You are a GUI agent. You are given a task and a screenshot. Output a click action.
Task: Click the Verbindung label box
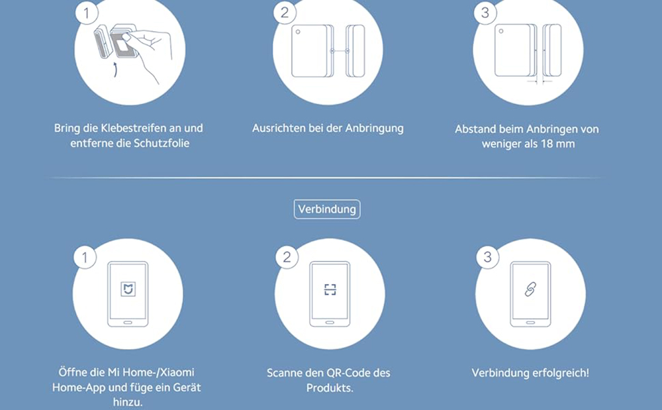point(327,209)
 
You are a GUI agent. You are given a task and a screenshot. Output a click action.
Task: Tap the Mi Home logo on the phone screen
point(128,289)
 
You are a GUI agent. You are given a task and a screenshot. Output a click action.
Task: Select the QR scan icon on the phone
point(330,289)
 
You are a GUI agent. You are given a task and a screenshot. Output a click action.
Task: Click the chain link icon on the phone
point(530,289)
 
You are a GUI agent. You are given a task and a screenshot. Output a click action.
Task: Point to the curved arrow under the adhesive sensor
point(115,70)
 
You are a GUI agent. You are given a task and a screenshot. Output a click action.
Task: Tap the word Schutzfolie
point(162,143)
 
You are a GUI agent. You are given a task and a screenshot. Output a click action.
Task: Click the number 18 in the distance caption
point(547,144)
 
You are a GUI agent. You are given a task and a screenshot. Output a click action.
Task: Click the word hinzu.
point(128,402)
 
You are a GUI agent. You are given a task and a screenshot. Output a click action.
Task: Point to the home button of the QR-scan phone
point(330,323)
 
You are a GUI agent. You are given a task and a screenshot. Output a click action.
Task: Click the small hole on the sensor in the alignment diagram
point(298,32)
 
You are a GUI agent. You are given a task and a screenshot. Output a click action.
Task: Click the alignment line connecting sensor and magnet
point(340,50)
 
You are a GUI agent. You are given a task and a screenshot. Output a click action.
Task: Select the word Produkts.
point(329,387)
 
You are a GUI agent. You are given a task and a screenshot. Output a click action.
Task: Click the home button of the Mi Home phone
point(128,323)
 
